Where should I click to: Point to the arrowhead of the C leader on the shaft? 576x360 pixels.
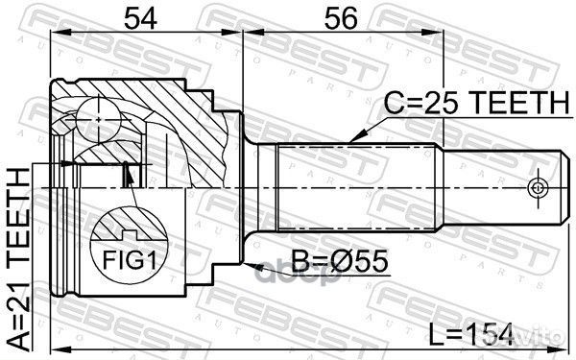353,140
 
